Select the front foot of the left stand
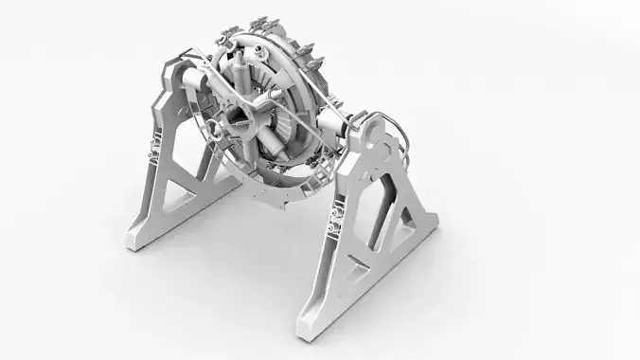click(136, 241)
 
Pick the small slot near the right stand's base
click(354, 274)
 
